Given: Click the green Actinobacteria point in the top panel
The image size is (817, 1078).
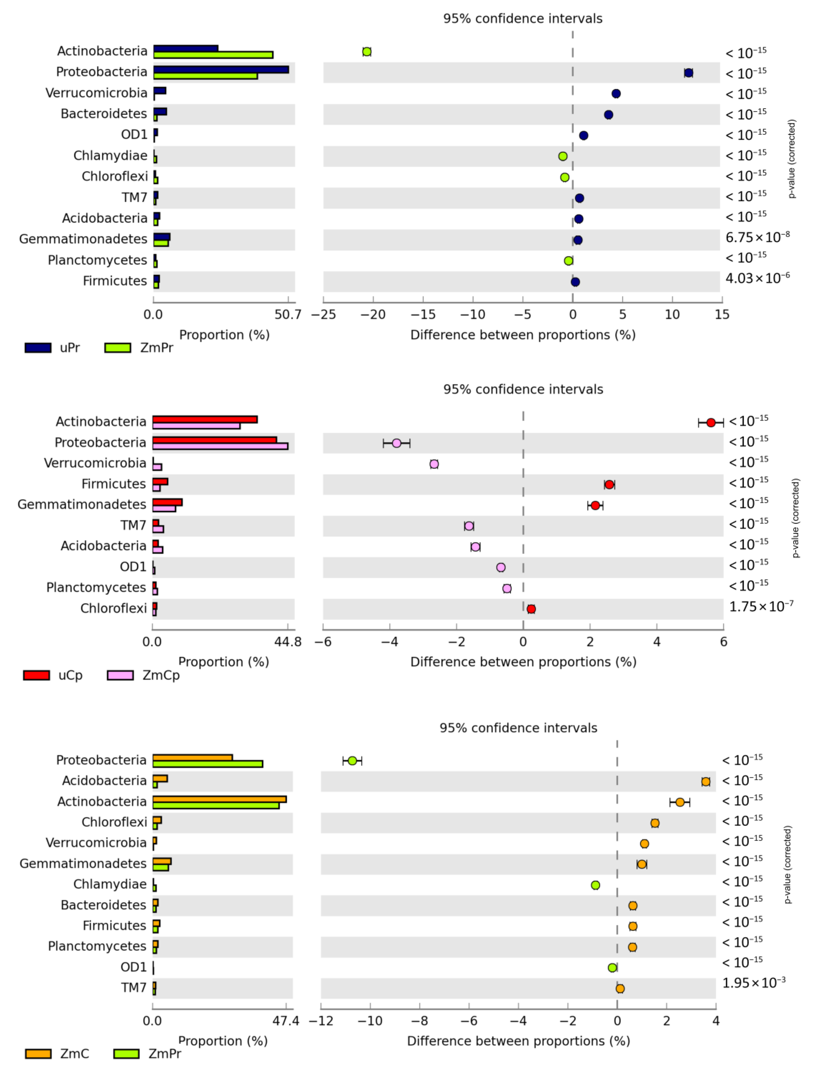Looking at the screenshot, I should click(366, 52).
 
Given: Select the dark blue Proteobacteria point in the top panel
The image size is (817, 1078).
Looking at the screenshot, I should click(688, 73).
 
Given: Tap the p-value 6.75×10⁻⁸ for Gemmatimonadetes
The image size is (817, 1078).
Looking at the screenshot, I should click(757, 237).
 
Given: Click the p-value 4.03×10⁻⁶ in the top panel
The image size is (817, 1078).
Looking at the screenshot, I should click(757, 278).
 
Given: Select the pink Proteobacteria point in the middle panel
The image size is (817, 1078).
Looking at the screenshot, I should click(396, 443).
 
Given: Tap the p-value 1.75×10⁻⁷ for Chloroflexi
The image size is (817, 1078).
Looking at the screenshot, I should click(761, 607).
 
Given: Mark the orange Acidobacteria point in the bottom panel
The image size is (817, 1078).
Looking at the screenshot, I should click(705, 782).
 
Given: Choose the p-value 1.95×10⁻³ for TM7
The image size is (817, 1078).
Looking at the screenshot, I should click(753, 983).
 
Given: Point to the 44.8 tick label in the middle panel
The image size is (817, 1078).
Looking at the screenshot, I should click(288, 642).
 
